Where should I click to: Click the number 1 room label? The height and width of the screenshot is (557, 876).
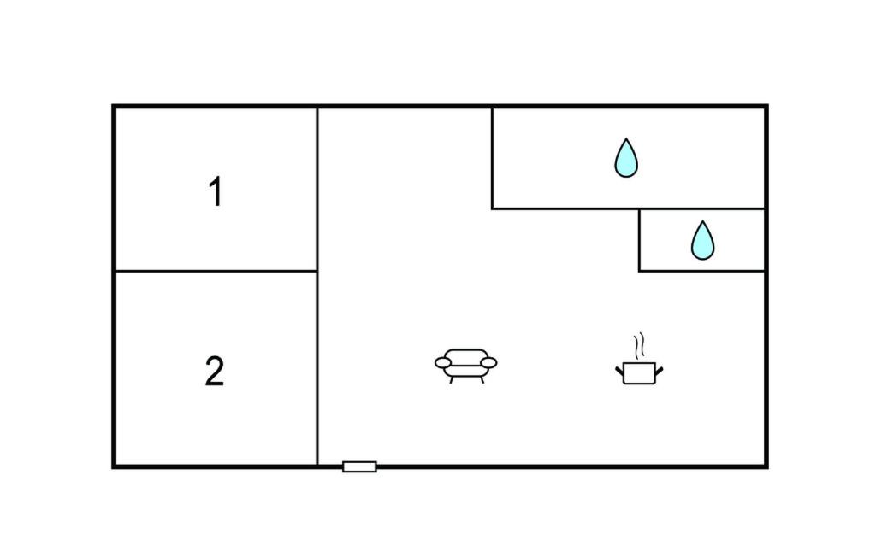tap(216, 192)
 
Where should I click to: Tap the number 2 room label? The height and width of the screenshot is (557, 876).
tap(215, 372)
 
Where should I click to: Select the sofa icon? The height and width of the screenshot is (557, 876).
tap(465, 365)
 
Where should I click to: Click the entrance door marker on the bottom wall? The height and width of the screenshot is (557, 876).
tap(359, 466)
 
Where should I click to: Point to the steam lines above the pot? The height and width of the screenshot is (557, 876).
tap(638, 346)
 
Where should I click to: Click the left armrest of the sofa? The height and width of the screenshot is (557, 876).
tap(442, 363)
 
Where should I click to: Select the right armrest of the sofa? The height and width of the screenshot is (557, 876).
tap(488, 363)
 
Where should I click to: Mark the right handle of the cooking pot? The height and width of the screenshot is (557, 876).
tap(659, 370)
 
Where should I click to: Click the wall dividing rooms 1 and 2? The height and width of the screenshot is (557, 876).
tap(216, 271)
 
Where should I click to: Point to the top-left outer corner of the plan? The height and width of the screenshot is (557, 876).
tap(114, 107)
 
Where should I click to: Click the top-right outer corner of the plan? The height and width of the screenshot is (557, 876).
tap(766, 107)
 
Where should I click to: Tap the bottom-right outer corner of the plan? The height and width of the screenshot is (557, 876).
tap(766, 466)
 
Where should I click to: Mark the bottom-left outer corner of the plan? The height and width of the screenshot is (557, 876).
tap(114, 466)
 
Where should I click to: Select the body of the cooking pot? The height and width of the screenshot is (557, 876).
tap(639, 373)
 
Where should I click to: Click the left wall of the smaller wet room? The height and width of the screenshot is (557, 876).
tap(639, 240)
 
